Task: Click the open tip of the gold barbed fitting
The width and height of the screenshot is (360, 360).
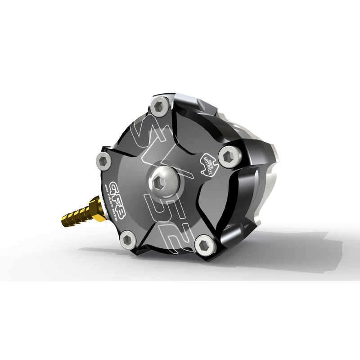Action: coord(63,220)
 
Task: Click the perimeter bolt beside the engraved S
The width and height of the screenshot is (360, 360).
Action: coord(160,107)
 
